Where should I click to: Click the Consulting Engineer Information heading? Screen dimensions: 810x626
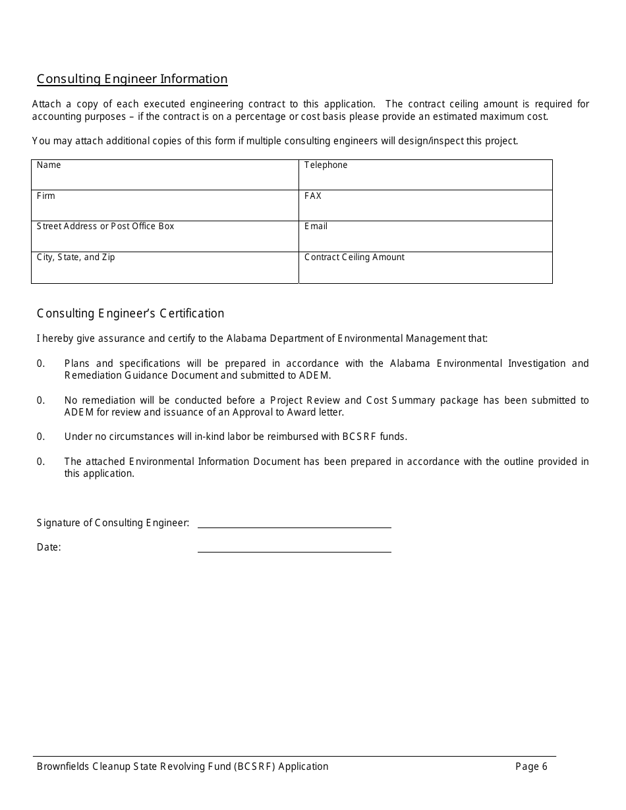tap(132, 79)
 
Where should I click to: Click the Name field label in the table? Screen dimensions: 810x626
tap(49, 165)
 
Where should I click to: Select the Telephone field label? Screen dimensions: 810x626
tap(326, 165)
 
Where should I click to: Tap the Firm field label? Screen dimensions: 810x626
tap(46, 196)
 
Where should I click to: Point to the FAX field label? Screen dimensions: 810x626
tap(313, 196)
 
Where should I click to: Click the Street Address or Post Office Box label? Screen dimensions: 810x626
tap(105, 227)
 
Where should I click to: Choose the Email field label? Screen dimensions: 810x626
tap(316, 227)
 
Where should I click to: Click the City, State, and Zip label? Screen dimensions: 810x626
tap(76, 257)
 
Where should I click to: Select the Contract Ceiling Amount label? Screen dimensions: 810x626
tap(355, 257)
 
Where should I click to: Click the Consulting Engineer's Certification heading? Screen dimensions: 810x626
tap(130, 313)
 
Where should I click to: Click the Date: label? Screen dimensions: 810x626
tap(49, 547)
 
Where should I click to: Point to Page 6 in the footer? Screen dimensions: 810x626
tap(531, 767)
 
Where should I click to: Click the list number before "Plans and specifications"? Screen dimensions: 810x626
tap(41, 364)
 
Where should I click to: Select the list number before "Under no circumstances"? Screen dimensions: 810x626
tap(41, 437)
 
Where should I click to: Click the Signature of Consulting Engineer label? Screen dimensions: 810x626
tap(113, 523)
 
